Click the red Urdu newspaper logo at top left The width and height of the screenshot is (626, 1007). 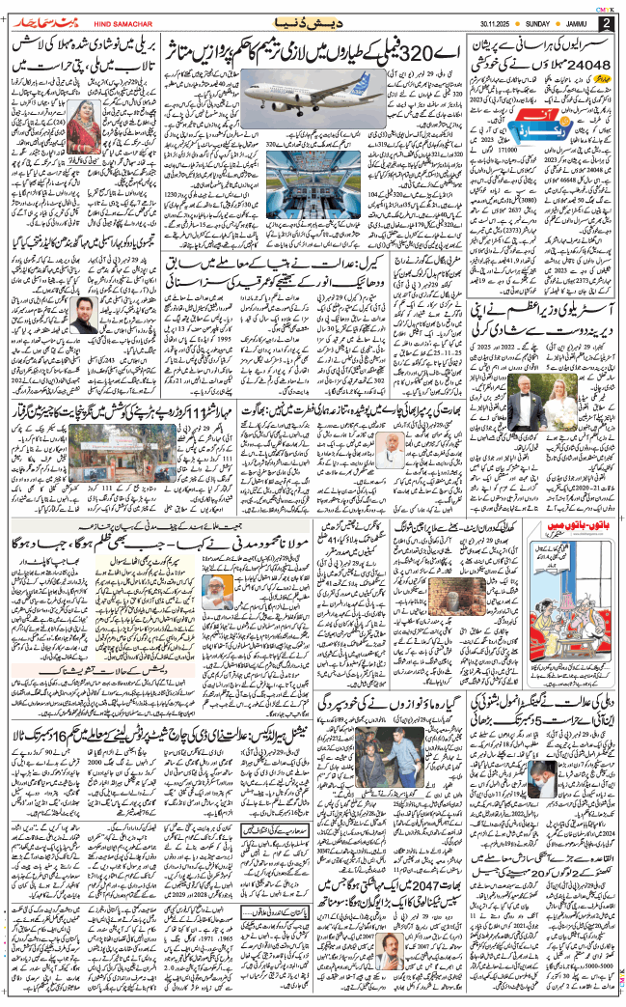pyautogui.click(x=40, y=21)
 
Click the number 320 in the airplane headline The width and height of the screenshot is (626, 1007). pyautogui.click(x=428, y=55)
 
